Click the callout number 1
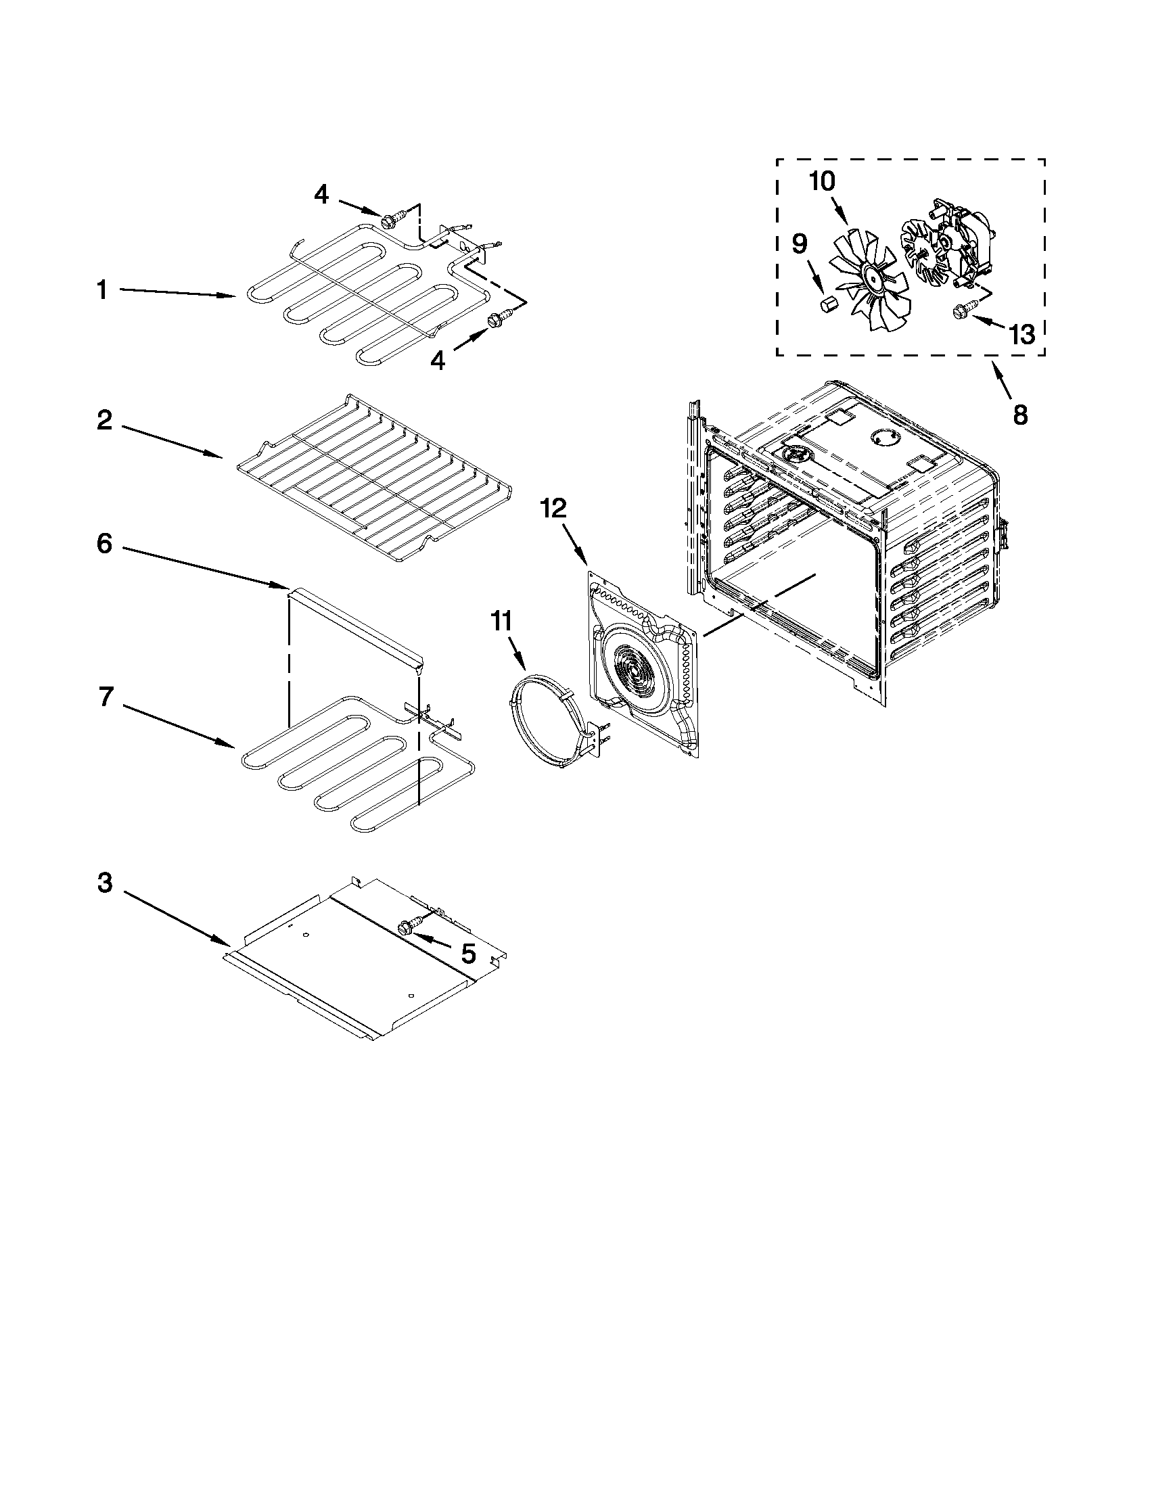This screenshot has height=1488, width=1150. (x=101, y=291)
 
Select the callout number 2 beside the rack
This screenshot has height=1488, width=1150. (x=103, y=420)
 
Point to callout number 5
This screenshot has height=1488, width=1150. (x=468, y=954)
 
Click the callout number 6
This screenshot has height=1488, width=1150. (x=103, y=544)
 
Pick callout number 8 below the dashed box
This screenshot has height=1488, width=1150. (x=1020, y=414)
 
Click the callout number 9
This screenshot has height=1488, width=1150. (x=799, y=243)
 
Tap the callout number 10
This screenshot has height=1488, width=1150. (x=823, y=181)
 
